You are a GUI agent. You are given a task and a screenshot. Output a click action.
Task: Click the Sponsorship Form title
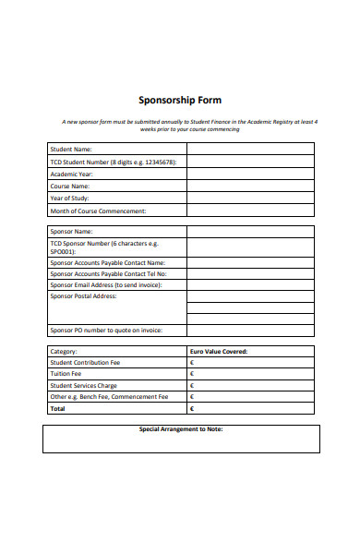pyautogui.click(x=180, y=101)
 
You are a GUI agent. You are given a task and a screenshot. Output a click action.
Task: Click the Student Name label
pyautogui.click(x=70, y=149)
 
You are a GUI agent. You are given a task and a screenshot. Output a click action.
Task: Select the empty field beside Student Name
pyautogui.click(x=250, y=149)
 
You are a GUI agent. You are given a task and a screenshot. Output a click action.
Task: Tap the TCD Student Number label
pyautogui.click(x=111, y=161)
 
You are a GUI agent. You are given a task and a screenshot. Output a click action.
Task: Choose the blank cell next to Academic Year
pyautogui.click(x=250, y=174)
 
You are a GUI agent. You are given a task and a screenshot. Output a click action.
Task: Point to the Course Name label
pyautogui.click(x=71, y=186)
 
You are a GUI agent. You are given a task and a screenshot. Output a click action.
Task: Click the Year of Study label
pyautogui.click(x=71, y=199)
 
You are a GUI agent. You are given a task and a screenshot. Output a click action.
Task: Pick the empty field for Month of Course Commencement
pyautogui.click(x=250, y=211)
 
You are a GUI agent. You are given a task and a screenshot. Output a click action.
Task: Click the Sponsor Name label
pyautogui.click(x=71, y=232)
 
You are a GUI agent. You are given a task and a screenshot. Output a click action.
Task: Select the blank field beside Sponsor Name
pyautogui.click(x=250, y=232)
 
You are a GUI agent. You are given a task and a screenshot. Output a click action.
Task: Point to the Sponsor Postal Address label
pyautogui.click(x=83, y=296)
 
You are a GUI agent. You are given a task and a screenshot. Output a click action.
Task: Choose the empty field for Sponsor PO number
pyautogui.click(x=250, y=330)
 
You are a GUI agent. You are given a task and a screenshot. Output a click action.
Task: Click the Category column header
pyautogui.click(x=64, y=352)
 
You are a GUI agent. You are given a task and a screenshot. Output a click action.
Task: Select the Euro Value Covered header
pyautogui.click(x=218, y=352)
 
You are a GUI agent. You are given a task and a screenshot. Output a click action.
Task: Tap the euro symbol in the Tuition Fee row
pyautogui.click(x=192, y=374)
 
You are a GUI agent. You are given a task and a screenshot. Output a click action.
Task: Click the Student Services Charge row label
pyautogui.click(x=83, y=385)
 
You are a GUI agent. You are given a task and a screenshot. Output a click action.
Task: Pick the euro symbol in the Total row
pyautogui.click(x=192, y=407)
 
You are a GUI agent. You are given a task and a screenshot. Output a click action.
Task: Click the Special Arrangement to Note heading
pyautogui.click(x=181, y=429)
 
